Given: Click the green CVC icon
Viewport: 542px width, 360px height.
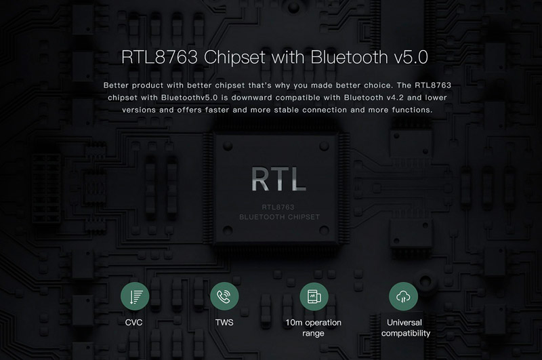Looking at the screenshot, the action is [135, 296].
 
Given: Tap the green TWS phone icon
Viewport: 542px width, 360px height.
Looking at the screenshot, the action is [224, 296].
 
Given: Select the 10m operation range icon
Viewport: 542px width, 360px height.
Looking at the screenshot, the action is [314, 296].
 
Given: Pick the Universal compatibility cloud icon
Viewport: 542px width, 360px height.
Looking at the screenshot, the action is [403, 296].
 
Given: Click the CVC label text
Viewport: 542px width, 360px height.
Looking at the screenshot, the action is [133, 322].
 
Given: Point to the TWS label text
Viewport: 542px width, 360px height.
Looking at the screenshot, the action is [224, 322].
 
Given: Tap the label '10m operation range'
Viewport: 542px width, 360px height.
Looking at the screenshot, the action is [313, 328].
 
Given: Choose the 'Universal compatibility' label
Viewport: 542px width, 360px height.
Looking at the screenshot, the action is [405, 328].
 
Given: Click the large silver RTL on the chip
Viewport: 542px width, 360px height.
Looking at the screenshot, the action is [278, 179].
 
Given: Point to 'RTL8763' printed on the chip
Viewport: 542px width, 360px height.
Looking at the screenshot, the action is [278, 207].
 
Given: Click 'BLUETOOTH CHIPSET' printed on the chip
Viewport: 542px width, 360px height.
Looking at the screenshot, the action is [280, 217].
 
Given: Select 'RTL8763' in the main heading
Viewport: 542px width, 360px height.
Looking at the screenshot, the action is [160, 57].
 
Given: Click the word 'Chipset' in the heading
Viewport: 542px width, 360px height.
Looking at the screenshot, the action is [234, 58].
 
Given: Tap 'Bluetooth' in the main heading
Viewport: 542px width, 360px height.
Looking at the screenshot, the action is [350, 57].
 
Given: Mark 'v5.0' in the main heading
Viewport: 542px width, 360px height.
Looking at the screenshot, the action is [411, 58].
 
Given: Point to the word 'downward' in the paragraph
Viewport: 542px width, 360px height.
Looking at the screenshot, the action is [251, 98].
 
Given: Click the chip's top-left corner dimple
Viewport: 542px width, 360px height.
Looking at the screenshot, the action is [228, 146].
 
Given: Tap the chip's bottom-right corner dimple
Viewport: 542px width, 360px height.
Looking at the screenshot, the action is [324, 230].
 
